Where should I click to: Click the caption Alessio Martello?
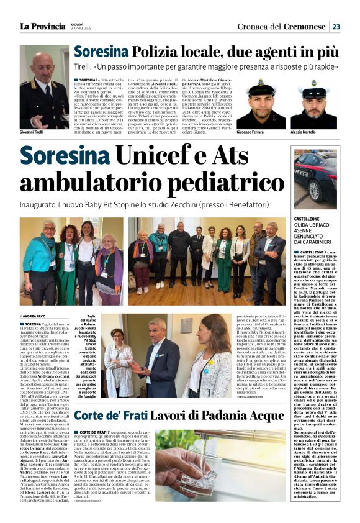[304, 133]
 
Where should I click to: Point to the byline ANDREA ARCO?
[36, 316]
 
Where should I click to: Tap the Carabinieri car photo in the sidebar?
[316, 179]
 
